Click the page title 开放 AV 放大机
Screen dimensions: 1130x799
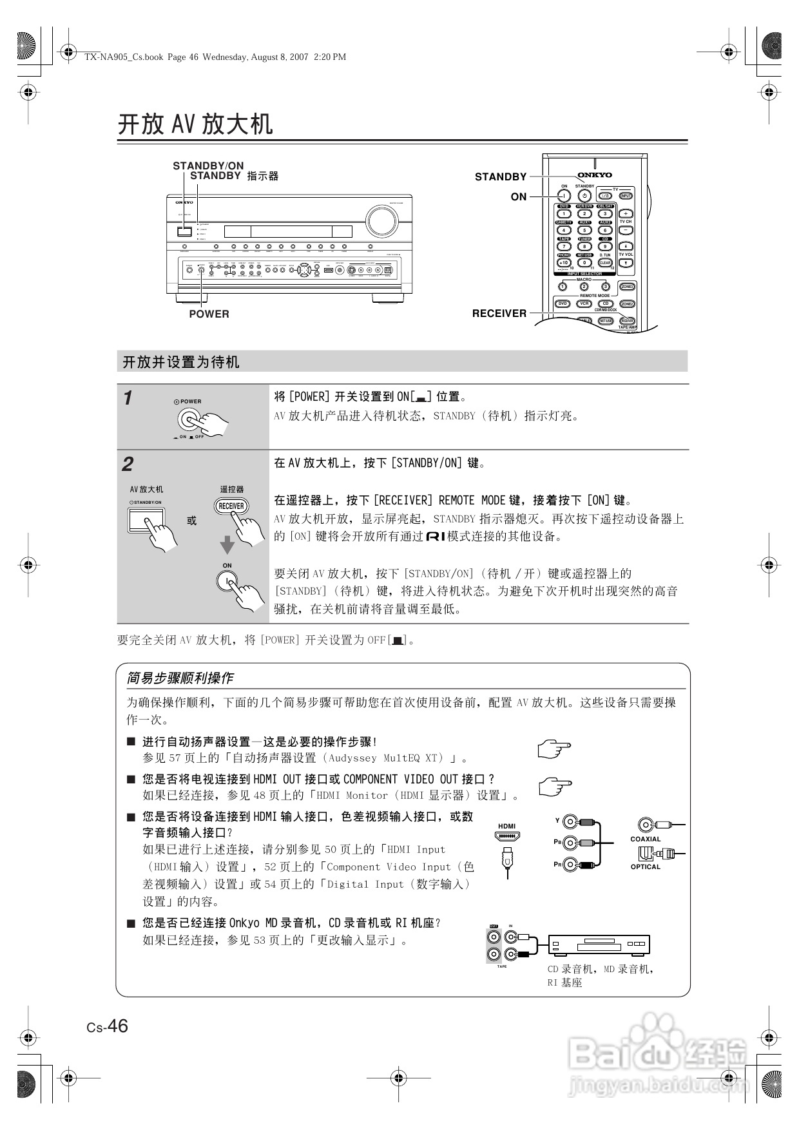(195, 124)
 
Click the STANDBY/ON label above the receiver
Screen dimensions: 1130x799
(208, 166)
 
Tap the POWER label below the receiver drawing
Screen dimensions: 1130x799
(209, 314)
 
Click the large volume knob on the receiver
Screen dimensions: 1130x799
(381, 220)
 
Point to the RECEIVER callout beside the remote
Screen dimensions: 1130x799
(499, 313)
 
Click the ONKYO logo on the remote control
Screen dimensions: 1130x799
(594, 175)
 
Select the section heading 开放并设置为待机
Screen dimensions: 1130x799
(181, 362)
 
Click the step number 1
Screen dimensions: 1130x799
(128, 398)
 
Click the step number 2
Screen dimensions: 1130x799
(128, 464)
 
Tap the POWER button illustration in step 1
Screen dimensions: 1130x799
(189, 420)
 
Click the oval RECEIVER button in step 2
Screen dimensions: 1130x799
(231, 506)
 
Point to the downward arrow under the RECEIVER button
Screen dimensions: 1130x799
(227, 545)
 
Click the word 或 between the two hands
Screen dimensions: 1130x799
(191, 521)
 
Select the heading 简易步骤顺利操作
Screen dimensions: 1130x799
(180, 678)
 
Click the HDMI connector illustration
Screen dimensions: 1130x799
(507, 836)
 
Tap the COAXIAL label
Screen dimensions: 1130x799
(645, 839)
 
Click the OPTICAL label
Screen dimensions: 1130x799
(645, 867)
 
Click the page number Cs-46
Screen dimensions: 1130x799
(108, 1026)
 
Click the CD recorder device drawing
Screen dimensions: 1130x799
(599, 945)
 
